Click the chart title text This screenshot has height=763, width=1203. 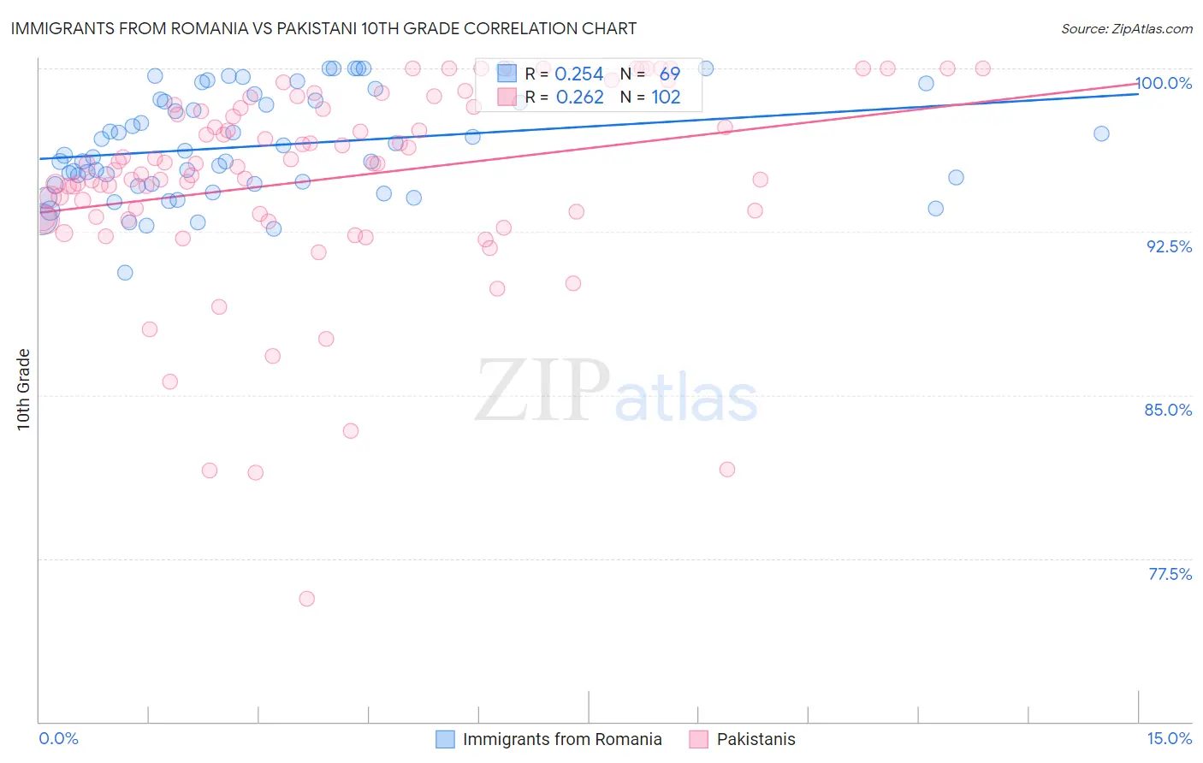point(323,28)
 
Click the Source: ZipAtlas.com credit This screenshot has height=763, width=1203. point(1126,28)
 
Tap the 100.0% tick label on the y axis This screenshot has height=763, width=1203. point(1163,83)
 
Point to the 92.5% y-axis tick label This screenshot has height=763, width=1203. point(1169,246)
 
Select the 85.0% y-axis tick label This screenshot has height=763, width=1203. point(1168,410)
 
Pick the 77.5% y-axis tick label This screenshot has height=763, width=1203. point(1170,574)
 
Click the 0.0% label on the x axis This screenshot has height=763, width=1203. point(58,738)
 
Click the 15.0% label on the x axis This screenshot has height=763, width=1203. point(1169,738)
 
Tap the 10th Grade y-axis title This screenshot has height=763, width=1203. point(24,389)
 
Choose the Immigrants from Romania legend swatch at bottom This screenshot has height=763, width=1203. point(445,739)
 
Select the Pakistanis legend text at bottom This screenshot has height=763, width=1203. point(756,739)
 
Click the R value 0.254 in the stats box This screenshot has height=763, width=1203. point(579,74)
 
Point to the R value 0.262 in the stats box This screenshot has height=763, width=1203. point(579,98)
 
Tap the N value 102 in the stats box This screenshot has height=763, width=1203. point(666,98)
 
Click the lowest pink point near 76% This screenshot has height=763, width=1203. point(306,599)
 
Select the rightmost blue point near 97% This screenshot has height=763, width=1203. point(1101,133)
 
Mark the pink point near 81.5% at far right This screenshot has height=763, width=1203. point(727,469)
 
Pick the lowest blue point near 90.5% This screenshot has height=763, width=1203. point(125,273)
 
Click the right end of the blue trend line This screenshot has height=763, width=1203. point(1138,94)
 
